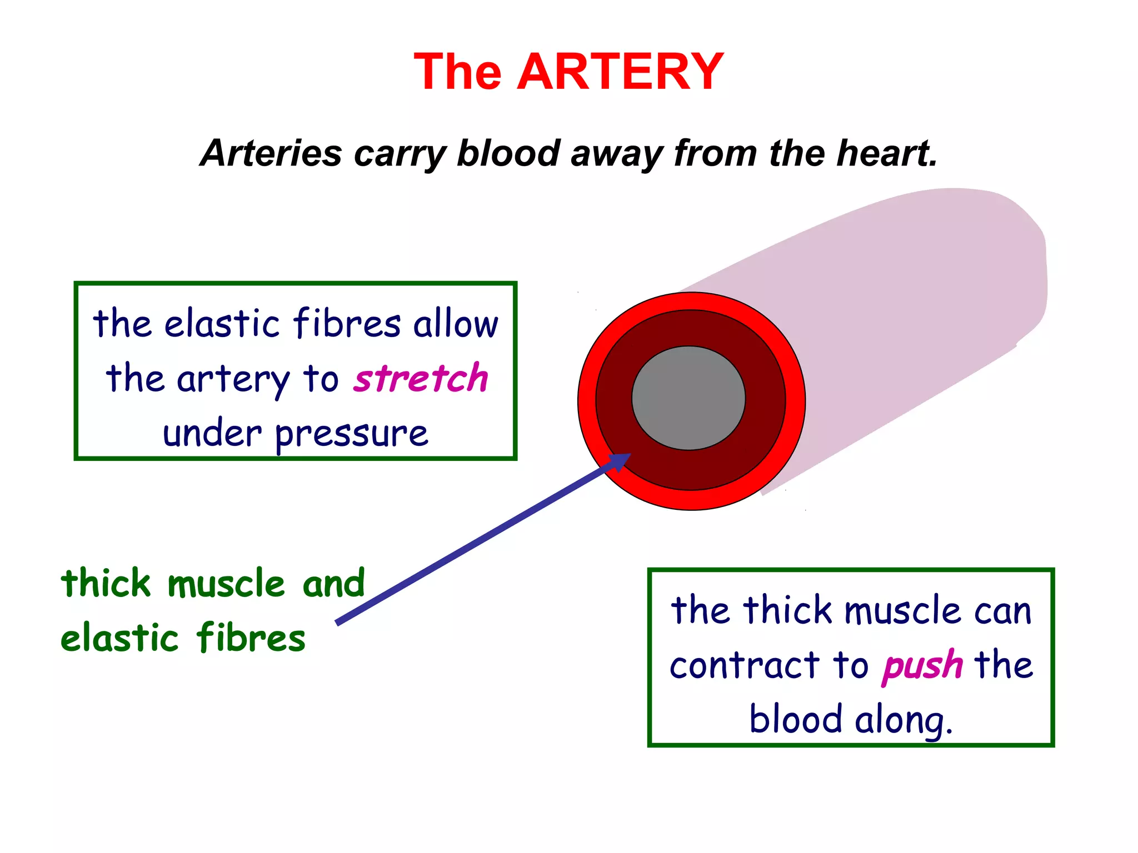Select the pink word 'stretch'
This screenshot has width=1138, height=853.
click(x=421, y=378)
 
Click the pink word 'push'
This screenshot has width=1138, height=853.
click(x=922, y=665)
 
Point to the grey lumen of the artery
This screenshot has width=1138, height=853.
click(x=688, y=398)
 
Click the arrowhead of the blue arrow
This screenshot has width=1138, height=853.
click(x=620, y=461)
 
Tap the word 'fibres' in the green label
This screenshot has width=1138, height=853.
click(x=251, y=637)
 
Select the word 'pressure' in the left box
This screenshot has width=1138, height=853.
click(x=351, y=434)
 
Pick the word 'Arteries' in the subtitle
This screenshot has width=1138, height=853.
click(x=272, y=153)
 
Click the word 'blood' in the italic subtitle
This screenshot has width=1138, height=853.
click(x=508, y=153)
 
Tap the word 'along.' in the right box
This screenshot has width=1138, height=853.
click(x=903, y=720)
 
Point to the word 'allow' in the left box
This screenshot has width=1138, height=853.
click(x=456, y=324)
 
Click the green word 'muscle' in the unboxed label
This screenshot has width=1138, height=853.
click(x=226, y=584)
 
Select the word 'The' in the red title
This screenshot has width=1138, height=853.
click(x=458, y=72)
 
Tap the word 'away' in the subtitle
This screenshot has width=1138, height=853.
click(x=616, y=153)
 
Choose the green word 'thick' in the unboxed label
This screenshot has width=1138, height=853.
click(x=106, y=584)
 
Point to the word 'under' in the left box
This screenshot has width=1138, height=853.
click(x=212, y=434)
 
